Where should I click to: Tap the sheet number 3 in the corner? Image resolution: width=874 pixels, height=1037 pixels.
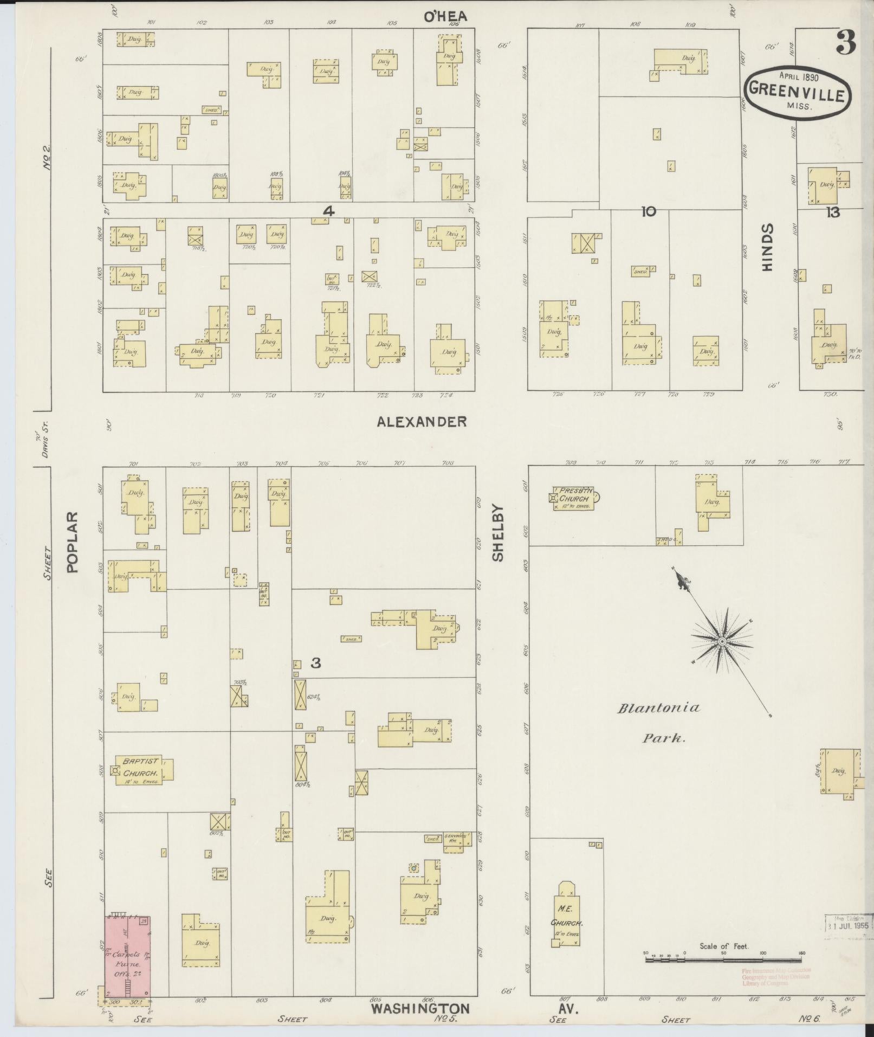point(845,43)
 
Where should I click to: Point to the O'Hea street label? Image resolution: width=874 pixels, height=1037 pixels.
point(445,17)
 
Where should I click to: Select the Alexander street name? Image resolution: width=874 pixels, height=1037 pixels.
point(422,421)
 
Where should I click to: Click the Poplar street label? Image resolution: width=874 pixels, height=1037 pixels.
point(73,542)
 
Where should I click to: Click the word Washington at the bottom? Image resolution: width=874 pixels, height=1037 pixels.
point(420,1008)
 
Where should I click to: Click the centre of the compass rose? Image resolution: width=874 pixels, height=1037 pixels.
point(722,642)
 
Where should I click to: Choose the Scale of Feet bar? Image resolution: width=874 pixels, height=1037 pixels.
point(724,959)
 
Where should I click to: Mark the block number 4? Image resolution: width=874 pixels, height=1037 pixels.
point(327,211)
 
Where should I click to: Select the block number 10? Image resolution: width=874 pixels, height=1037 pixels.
point(648,211)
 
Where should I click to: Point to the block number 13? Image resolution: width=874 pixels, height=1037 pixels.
point(832,212)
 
